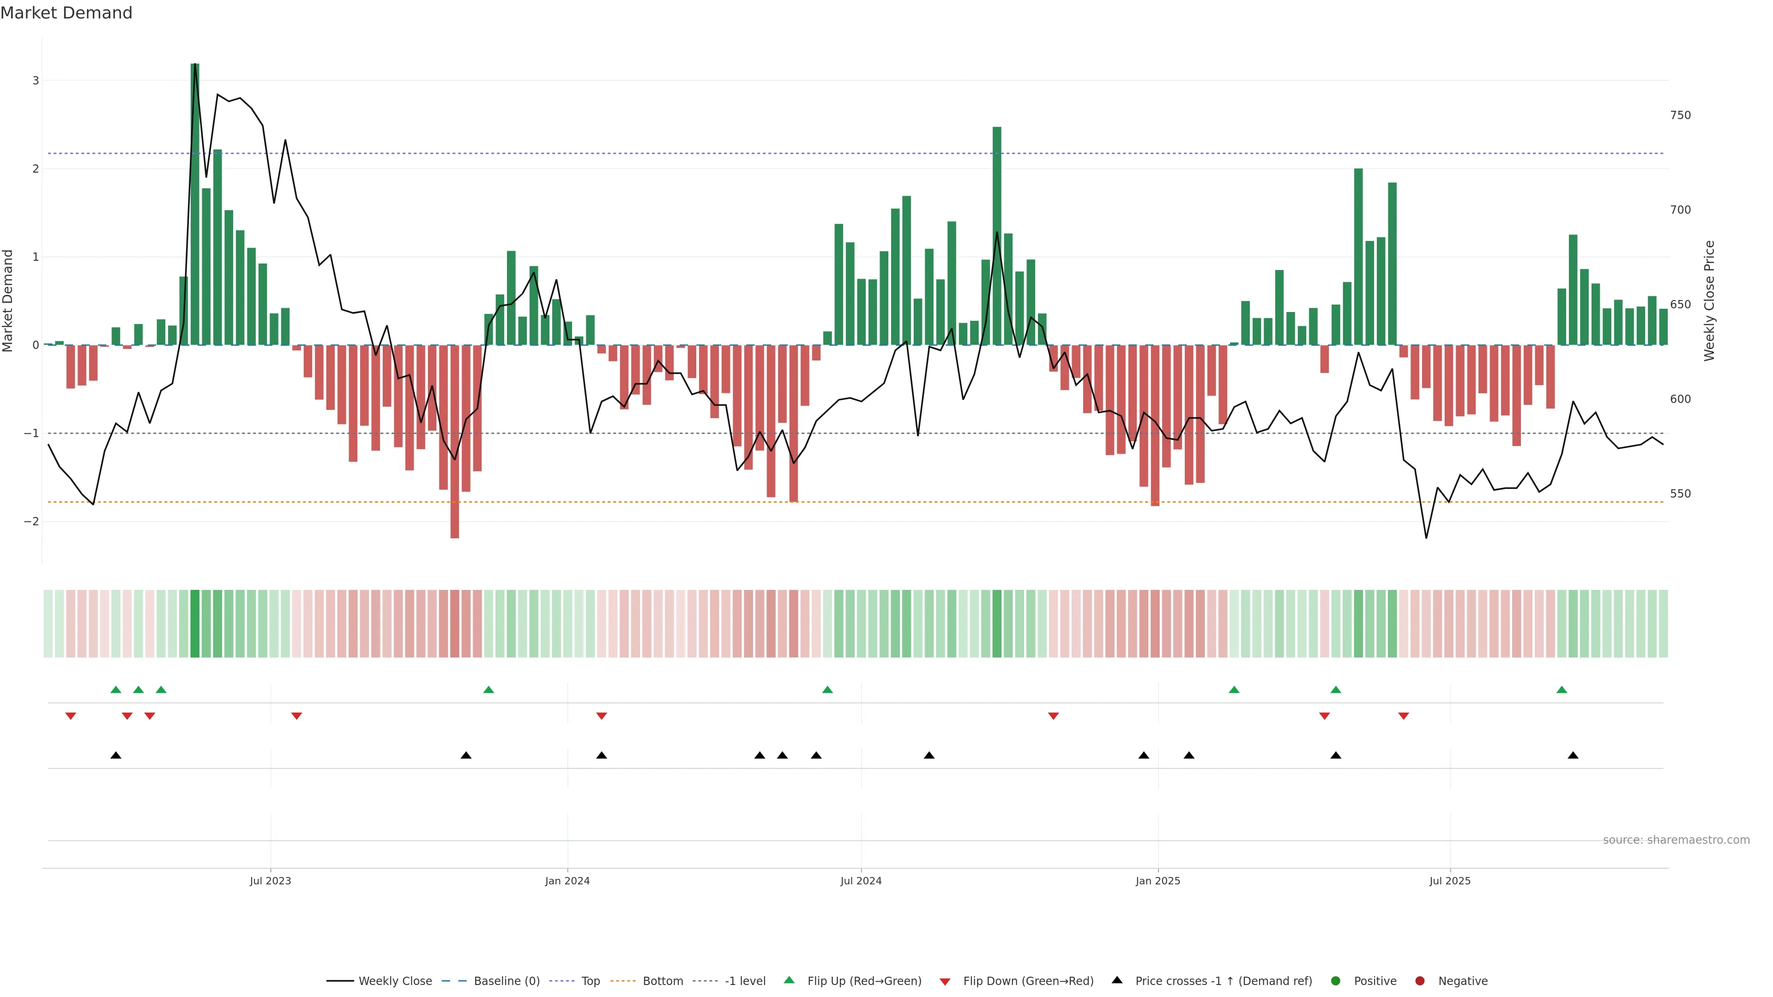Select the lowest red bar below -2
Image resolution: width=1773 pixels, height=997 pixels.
pyautogui.click(x=454, y=441)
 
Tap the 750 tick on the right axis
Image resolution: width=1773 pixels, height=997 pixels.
pyautogui.click(x=1680, y=115)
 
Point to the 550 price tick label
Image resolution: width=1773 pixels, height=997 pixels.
pyautogui.click(x=1680, y=494)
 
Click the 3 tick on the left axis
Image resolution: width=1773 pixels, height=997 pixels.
pyautogui.click(x=36, y=80)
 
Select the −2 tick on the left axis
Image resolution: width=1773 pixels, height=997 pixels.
pyautogui.click(x=32, y=522)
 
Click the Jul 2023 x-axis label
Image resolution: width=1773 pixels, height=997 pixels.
pyautogui.click(x=271, y=881)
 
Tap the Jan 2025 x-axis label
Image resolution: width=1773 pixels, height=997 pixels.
pyautogui.click(x=1158, y=881)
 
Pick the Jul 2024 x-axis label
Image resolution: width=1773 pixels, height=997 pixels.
pyautogui.click(x=861, y=881)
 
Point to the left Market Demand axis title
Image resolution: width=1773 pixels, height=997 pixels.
pyautogui.click(x=8, y=300)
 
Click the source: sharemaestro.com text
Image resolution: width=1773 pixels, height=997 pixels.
pyautogui.click(x=1676, y=840)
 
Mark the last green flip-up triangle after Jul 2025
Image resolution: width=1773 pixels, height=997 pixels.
pyautogui.click(x=1562, y=690)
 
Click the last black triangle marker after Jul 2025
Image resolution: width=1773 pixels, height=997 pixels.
pyautogui.click(x=1573, y=756)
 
